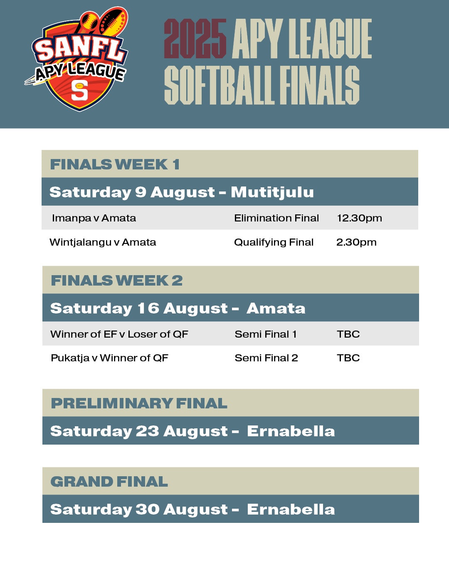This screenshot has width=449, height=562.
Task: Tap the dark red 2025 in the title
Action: [195, 39]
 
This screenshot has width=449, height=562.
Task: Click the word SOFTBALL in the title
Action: [220, 85]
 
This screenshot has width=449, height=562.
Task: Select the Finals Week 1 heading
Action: [115, 164]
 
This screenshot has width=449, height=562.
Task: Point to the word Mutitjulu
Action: [272, 192]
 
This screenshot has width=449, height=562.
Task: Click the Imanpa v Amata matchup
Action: [94, 218]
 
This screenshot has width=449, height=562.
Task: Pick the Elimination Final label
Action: [276, 218]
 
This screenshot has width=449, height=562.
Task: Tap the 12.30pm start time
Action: [359, 218]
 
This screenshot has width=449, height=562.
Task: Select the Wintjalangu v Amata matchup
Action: [103, 242]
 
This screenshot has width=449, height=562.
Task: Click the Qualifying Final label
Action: [274, 242]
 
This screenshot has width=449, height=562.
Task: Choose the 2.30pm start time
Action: [356, 242]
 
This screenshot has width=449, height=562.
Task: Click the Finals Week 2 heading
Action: [117, 281]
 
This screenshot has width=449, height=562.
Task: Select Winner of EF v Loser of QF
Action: [119, 334]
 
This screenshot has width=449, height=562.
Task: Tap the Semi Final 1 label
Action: [266, 334]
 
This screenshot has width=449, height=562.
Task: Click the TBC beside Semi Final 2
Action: [348, 358]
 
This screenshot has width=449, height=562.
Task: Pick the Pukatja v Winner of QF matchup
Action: [110, 358]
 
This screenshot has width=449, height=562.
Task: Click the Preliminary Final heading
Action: [139, 403]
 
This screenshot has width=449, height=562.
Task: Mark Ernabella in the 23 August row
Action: [291, 431]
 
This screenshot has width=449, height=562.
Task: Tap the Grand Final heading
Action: [109, 482]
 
